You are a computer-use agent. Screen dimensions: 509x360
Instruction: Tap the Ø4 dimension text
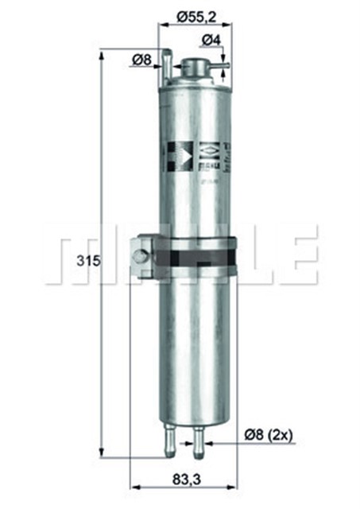pyautogui.click(x=211, y=40)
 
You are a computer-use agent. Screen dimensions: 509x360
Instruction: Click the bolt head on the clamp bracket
pyautogui.click(x=141, y=256)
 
